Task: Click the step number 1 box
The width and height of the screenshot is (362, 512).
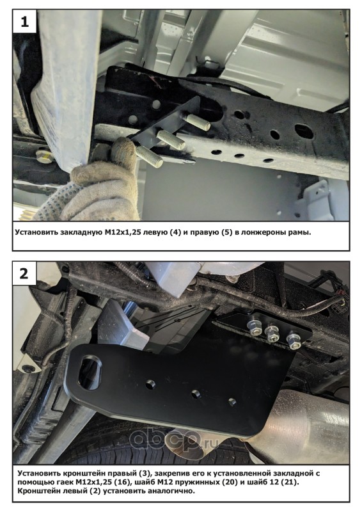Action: click(24, 21)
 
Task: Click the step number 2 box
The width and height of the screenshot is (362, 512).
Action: click(24, 273)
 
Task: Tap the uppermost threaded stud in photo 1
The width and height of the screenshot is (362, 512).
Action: click(198, 122)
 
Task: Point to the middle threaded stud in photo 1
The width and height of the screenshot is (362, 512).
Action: click(171, 140)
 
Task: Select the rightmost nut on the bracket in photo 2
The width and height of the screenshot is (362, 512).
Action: click(294, 339)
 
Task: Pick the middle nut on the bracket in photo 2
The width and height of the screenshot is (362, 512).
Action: click(272, 333)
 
